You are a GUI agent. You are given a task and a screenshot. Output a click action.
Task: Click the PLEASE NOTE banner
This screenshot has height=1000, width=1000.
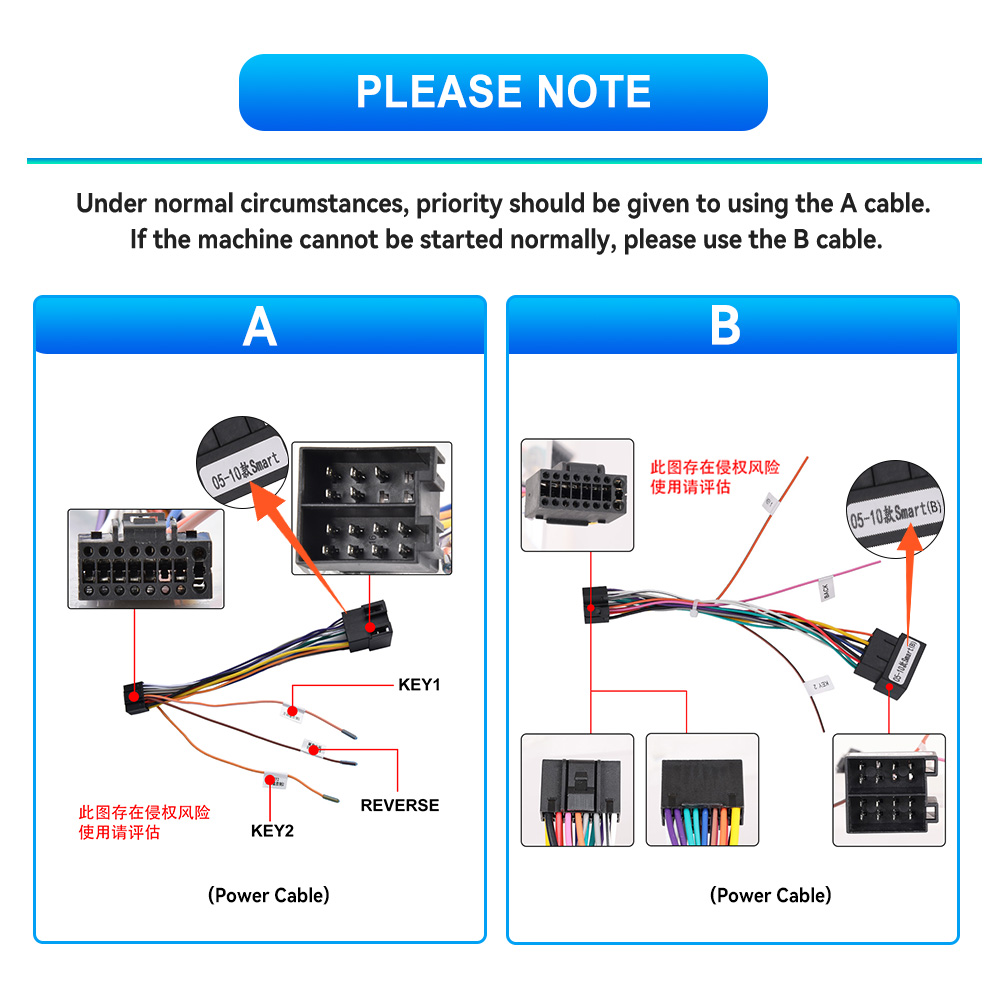click(x=503, y=92)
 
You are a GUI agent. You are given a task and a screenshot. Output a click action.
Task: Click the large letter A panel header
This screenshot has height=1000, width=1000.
click(x=259, y=326)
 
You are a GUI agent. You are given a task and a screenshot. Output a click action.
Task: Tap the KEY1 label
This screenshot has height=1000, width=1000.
click(x=419, y=685)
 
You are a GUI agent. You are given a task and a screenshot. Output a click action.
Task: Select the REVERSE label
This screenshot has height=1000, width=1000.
click(x=399, y=805)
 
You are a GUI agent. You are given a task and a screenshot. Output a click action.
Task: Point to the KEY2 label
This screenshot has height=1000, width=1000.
click(x=272, y=830)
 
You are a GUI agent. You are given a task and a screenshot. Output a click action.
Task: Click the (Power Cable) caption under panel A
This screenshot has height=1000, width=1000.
click(x=268, y=895)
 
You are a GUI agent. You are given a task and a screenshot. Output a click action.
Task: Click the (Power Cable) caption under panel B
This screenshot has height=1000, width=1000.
click(x=770, y=895)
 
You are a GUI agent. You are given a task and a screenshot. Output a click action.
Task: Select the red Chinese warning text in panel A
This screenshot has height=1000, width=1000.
click(x=145, y=822)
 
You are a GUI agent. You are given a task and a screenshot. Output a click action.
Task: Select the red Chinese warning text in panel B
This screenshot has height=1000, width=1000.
click(x=714, y=477)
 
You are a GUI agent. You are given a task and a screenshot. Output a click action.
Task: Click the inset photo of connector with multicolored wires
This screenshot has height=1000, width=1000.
click(x=577, y=790)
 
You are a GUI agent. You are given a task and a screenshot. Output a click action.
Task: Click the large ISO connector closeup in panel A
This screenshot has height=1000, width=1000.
click(x=371, y=508)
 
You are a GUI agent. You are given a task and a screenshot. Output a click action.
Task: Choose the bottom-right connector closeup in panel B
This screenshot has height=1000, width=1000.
click(x=889, y=790)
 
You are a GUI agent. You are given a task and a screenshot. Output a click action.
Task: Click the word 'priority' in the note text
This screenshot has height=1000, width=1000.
click(x=460, y=204)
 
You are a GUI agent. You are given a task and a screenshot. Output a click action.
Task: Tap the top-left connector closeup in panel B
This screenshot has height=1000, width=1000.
click(x=577, y=494)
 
